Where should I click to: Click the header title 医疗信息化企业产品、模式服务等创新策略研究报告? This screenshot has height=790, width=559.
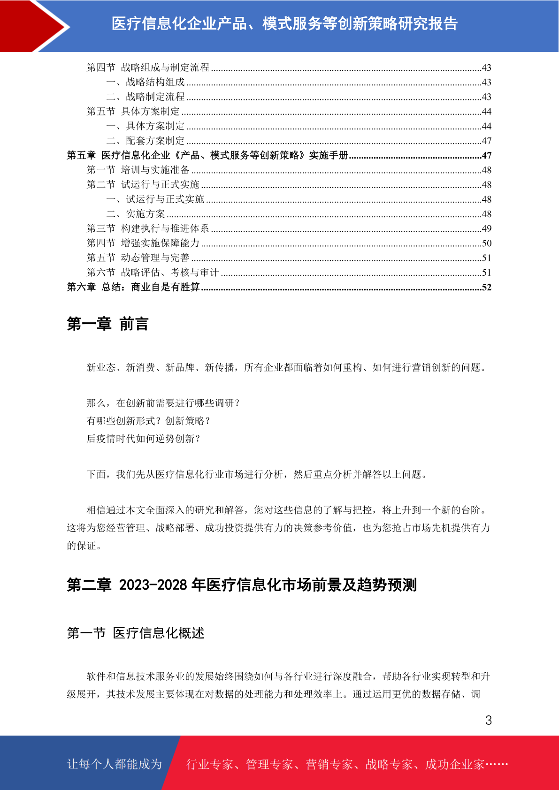click(x=284, y=23)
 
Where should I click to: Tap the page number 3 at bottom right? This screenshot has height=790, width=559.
click(x=488, y=721)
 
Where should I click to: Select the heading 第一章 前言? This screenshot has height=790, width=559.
click(x=107, y=324)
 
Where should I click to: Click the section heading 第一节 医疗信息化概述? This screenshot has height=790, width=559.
click(x=136, y=633)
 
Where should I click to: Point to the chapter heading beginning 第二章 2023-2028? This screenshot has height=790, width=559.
click(x=242, y=585)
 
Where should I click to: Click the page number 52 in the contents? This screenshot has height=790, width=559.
click(x=486, y=287)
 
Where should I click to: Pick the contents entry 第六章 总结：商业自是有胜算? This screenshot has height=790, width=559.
click(x=133, y=287)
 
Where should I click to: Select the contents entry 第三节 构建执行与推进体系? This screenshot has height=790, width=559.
click(x=148, y=228)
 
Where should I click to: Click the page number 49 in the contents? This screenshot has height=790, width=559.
click(x=486, y=228)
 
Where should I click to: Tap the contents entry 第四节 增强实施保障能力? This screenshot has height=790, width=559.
click(x=143, y=243)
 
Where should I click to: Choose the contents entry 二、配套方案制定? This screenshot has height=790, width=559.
click(x=145, y=141)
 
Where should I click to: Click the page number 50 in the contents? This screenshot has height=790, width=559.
click(x=486, y=243)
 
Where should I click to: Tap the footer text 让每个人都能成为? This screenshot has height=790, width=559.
click(x=115, y=764)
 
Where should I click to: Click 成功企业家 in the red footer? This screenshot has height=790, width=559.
click(x=454, y=764)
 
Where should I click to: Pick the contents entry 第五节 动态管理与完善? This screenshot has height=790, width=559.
click(x=138, y=258)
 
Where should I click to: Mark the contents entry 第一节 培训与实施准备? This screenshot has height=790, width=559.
click(x=138, y=170)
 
